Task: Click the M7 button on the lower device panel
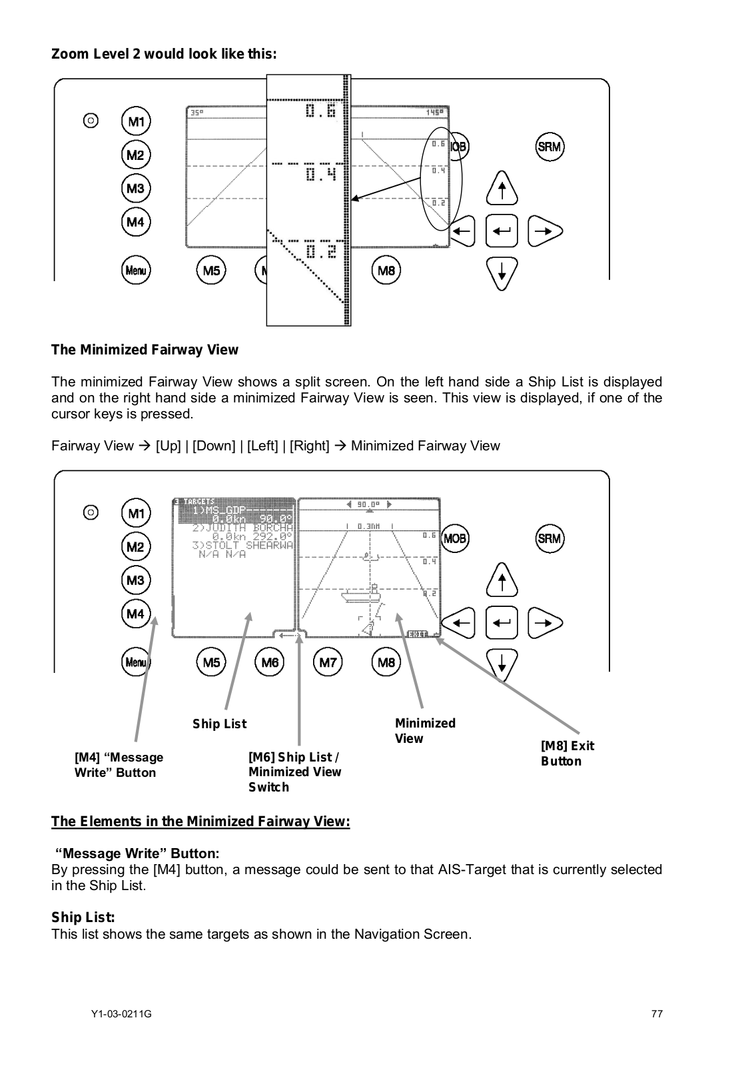pyautogui.click(x=328, y=662)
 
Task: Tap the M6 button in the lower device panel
pyautogui.click(x=270, y=662)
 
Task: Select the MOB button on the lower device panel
pyautogui.click(x=456, y=538)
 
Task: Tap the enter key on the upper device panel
pyautogui.click(x=503, y=231)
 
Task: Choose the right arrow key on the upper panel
pyautogui.click(x=545, y=231)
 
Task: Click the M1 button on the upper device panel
pyautogui.click(x=136, y=122)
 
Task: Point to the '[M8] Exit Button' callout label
pyautogui.click(x=567, y=754)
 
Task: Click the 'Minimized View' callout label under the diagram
pyautogui.click(x=425, y=731)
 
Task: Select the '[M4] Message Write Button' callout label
pyautogui.click(x=119, y=765)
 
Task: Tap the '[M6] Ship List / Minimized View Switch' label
pyautogui.click(x=294, y=772)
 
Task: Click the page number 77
pyautogui.click(x=657, y=1014)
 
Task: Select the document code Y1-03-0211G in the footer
pyautogui.click(x=121, y=1014)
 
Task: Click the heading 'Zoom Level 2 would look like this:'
pyautogui.click(x=164, y=54)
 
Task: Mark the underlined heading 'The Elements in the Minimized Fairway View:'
pyautogui.click(x=200, y=821)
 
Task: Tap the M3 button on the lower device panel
pyautogui.click(x=136, y=580)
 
